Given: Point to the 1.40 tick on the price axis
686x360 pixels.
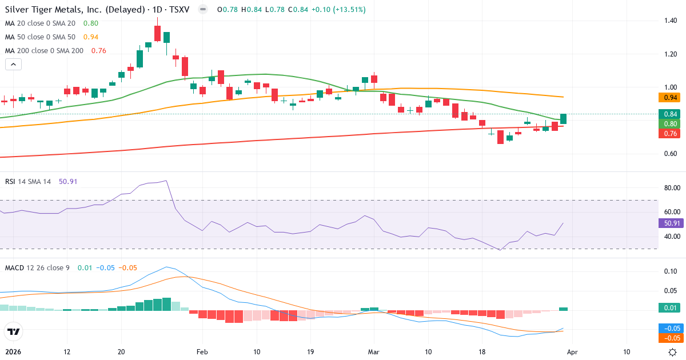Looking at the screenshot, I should point(671,21).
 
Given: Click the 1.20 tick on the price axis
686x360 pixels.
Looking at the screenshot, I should point(671,54).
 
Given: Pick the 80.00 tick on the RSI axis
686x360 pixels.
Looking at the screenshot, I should point(671,188).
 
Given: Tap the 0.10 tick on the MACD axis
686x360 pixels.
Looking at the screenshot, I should point(671,271).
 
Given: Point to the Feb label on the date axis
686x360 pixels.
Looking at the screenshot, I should point(201,352).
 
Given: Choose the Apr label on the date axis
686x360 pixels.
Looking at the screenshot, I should point(573,352).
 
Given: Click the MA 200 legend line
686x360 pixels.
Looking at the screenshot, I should point(45,50).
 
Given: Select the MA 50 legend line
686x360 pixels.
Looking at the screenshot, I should point(42,37).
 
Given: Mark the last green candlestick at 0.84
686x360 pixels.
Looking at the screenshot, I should point(563,119).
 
